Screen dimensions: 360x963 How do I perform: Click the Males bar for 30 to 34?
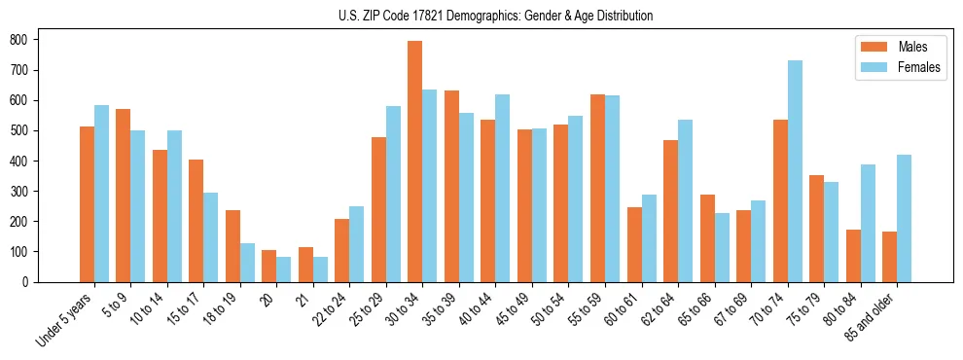tap(415, 162)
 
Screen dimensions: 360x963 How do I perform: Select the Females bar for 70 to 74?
tap(795, 171)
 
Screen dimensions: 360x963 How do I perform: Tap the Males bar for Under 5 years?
tap(87, 204)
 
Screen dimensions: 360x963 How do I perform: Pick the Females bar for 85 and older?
tap(904, 218)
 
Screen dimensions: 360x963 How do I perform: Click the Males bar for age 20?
tap(269, 266)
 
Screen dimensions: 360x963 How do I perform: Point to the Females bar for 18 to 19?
tap(247, 263)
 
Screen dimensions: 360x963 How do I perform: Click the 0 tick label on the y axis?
tap(30, 282)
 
